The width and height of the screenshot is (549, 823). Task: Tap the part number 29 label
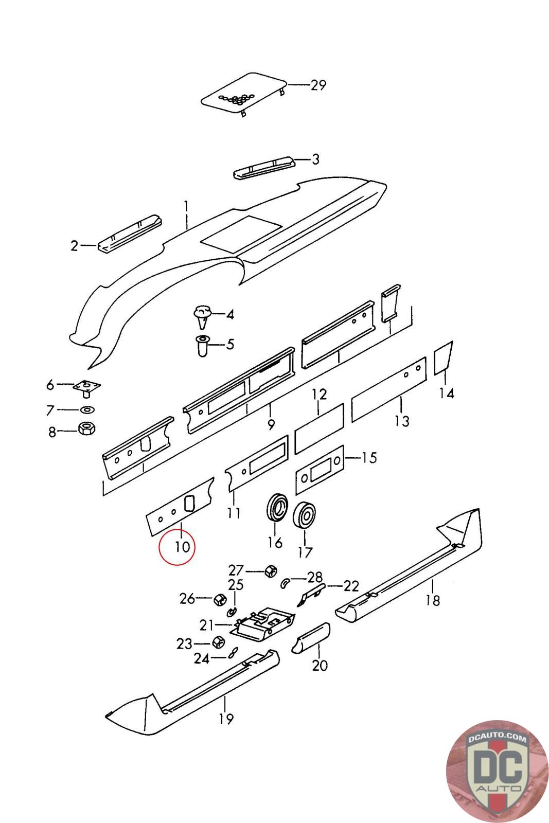pos(318,84)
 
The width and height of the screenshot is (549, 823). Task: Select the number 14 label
pos(447,393)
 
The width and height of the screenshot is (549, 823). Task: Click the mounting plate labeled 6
pos(86,387)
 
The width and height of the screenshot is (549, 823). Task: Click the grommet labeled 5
pos(203,344)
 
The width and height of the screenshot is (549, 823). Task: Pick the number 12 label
pos(319,395)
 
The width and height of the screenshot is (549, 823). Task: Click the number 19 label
pos(226,718)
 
